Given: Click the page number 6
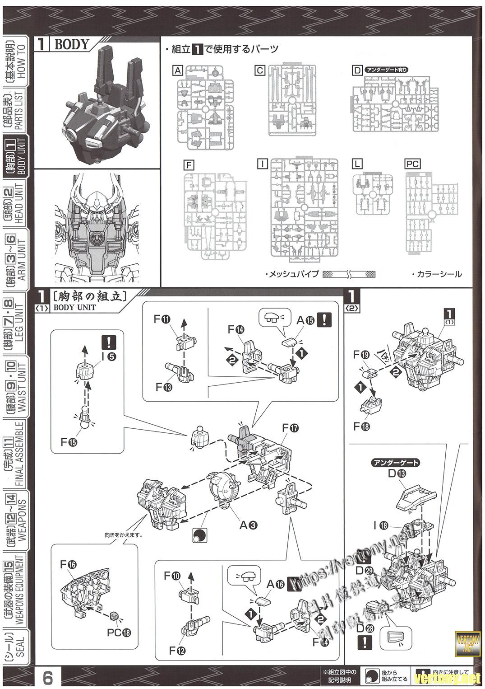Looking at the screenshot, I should [48, 678].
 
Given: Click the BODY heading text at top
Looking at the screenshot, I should [71, 44].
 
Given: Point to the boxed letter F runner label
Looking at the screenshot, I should [189, 165].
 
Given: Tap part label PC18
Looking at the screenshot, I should [119, 633].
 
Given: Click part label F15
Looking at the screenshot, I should [69, 441].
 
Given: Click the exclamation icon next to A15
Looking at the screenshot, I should [324, 319].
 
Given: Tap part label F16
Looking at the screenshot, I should [69, 564].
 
